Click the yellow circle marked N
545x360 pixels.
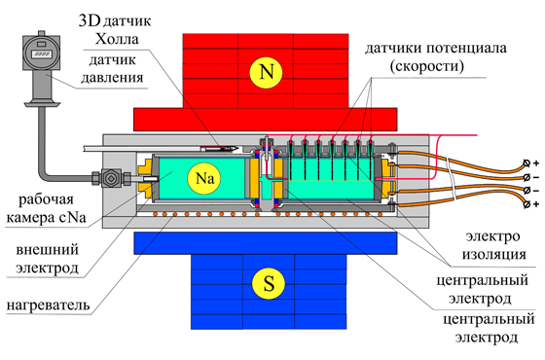267,72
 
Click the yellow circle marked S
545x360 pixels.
269,283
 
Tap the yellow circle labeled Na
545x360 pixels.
204,178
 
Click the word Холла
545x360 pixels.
117,39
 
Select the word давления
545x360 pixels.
112,78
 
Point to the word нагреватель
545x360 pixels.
49,305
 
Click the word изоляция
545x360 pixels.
494,255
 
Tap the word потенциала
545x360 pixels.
465,48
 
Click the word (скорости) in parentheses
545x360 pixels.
427,66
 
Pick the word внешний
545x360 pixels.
48,250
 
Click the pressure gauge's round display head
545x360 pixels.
41,52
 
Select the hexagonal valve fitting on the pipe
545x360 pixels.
111,179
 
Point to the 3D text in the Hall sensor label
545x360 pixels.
89,20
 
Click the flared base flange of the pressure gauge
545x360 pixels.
42,103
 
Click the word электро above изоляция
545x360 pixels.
492,236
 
